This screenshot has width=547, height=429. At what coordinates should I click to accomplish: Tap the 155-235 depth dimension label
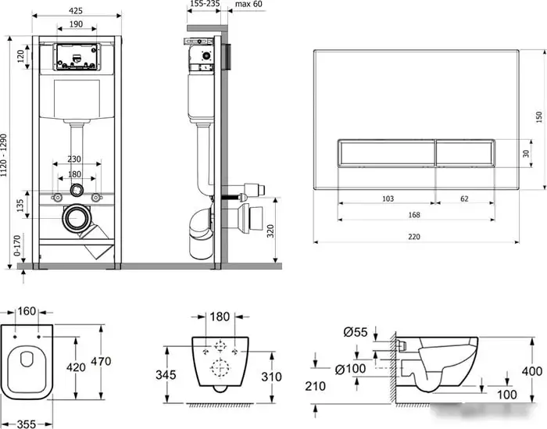(205, 5)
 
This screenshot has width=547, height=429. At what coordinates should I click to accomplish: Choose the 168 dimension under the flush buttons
(414, 215)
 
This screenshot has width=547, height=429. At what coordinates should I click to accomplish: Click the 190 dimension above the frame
(76, 25)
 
